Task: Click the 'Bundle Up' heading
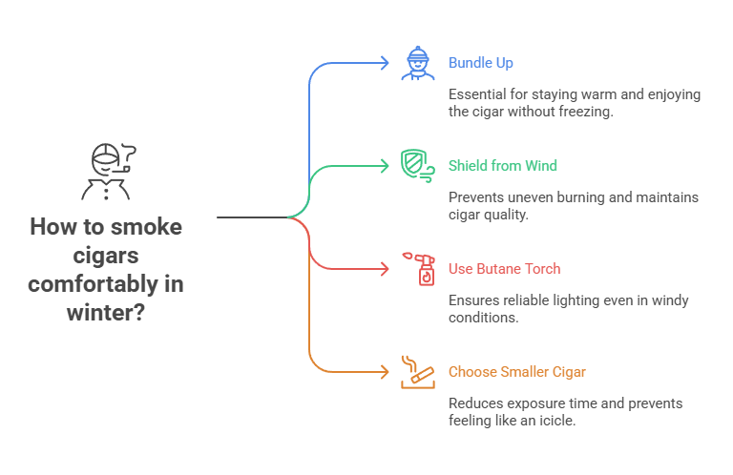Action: coord(480,63)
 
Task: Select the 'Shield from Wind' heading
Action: coord(502,166)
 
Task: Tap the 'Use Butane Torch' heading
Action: coord(504,269)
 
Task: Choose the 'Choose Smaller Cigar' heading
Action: coord(517,371)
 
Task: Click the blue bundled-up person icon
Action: coord(417,63)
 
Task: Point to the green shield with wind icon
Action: coord(417,166)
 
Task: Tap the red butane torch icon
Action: coord(418,269)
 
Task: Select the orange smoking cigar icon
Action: coord(417,371)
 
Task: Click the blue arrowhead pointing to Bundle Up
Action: coord(385,63)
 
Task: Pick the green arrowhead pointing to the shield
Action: coord(385,166)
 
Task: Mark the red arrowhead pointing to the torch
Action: coord(385,269)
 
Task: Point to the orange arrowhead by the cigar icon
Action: coord(385,371)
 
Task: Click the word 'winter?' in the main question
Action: coord(106,312)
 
